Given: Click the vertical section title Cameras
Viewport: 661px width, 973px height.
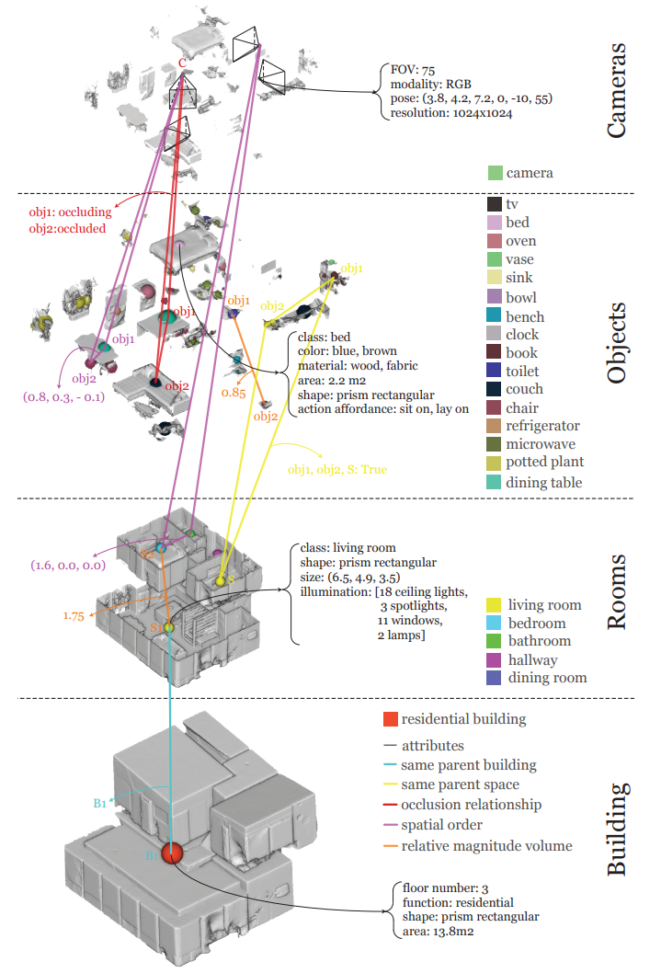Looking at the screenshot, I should coord(618,89).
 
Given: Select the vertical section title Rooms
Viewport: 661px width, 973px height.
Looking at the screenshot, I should coord(618,591).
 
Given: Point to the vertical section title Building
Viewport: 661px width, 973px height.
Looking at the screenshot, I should coord(618,828).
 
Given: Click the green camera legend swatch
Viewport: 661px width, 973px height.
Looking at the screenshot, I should coord(496,172).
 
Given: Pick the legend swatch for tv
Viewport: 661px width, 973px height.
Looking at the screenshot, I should coord(494,204).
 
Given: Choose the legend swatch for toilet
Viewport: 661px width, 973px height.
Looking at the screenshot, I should coord(494,371).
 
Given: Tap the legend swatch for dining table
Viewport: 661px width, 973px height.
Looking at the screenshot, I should coord(494,482).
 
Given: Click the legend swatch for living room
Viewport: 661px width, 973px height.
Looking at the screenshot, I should coord(494,604).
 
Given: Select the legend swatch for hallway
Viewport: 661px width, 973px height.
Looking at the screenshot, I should coord(494,659).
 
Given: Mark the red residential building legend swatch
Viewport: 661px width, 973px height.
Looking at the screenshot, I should coord(391,718).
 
